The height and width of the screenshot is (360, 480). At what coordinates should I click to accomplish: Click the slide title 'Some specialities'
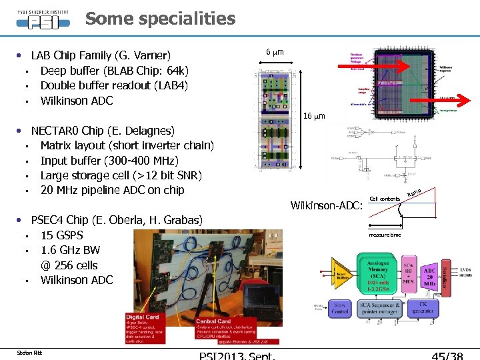tap(160, 19)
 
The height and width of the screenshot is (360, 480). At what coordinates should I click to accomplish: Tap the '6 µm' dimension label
tap(275, 51)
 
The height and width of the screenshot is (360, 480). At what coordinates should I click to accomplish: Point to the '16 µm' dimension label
tap(314, 116)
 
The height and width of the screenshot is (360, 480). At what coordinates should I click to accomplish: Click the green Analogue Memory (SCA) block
tap(378, 273)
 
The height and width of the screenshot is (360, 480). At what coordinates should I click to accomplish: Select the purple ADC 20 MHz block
tap(429, 274)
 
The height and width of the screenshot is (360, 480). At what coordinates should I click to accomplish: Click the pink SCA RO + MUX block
tap(409, 274)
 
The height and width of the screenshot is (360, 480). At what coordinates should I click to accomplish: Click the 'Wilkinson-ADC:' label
tap(327, 205)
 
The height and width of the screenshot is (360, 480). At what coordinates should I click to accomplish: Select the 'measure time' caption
tap(385, 235)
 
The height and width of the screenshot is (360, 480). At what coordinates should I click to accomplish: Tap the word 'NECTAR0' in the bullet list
tap(57, 131)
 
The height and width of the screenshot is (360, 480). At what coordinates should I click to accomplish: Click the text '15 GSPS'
tap(62, 235)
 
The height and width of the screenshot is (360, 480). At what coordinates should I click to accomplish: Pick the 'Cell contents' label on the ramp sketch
tap(385, 199)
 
